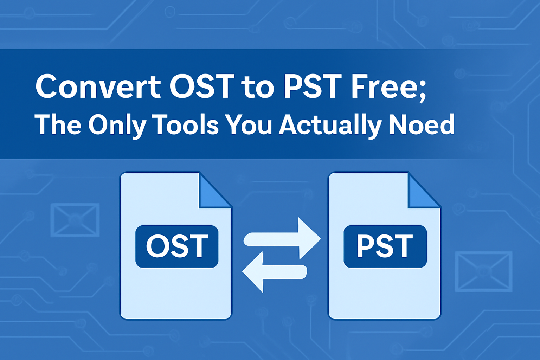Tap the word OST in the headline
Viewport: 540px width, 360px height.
202,86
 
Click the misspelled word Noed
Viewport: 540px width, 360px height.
422,124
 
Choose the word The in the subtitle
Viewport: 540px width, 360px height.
58,124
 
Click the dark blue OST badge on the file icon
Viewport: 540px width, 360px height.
177,246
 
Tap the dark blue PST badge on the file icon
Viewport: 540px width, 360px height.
385,246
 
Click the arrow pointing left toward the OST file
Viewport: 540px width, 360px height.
275,272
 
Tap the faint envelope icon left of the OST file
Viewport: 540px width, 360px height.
75,220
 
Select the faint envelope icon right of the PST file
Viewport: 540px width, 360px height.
483,271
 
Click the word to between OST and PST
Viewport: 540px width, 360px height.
259,88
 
